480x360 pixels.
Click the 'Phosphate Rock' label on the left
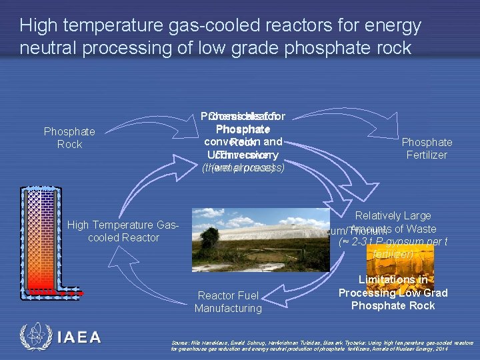click(69, 138)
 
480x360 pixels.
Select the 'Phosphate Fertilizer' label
click(427, 148)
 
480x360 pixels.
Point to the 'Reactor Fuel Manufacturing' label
click(229, 301)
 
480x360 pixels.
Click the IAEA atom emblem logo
click(35, 337)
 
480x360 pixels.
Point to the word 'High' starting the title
click(37, 26)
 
